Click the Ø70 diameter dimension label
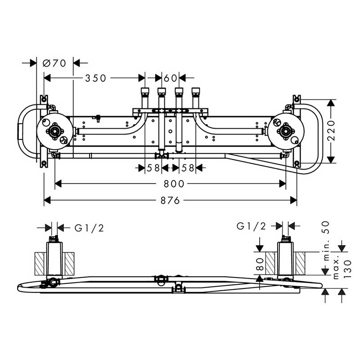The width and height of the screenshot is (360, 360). [54, 63]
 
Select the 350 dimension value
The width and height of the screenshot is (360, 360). [96, 78]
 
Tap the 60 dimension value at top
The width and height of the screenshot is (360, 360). [170, 78]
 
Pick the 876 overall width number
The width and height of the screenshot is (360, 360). [170, 201]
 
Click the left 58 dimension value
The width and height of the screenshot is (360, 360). [153, 168]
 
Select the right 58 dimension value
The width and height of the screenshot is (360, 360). [188, 168]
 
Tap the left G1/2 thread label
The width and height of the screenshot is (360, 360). [89, 228]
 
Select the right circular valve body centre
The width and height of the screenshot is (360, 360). [287, 131]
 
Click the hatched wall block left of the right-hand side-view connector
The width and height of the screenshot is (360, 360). [270, 263]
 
